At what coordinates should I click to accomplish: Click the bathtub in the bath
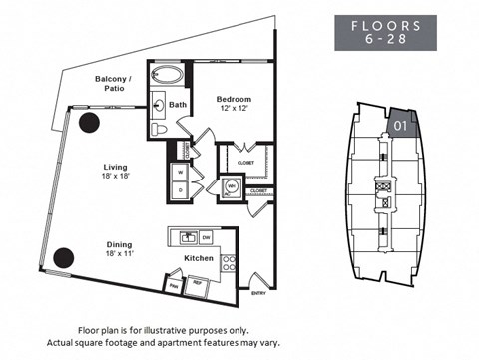168,76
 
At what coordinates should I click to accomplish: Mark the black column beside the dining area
63,256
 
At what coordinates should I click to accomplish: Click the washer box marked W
181,171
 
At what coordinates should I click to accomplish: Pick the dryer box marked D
181,189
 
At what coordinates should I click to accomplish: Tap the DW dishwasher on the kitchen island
205,237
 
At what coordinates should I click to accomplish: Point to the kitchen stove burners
227,265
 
